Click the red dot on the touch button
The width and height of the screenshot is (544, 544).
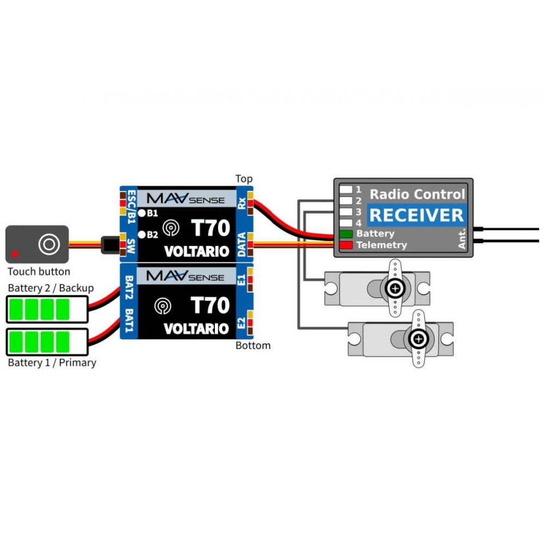(15, 254)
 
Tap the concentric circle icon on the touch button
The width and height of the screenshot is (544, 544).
(49, 244)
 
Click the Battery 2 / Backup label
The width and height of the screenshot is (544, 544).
(51, 288)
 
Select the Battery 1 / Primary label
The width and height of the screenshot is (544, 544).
(52, 362)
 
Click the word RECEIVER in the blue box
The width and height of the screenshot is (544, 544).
(417, 215)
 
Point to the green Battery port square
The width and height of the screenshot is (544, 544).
(346, 234)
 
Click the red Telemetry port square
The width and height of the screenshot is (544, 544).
(346, 245)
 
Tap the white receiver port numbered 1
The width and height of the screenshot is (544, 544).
(346, 190)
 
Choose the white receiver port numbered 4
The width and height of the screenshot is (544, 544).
(346, 223)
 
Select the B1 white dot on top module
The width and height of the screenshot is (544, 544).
(141, 213)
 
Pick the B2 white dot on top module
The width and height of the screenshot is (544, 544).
(141, 234)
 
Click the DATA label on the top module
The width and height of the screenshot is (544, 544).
(241, 244)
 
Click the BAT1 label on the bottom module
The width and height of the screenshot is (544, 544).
(129, 320)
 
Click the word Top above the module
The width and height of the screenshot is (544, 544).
(244, 179)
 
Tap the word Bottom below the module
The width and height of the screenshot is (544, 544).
(253, 345)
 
